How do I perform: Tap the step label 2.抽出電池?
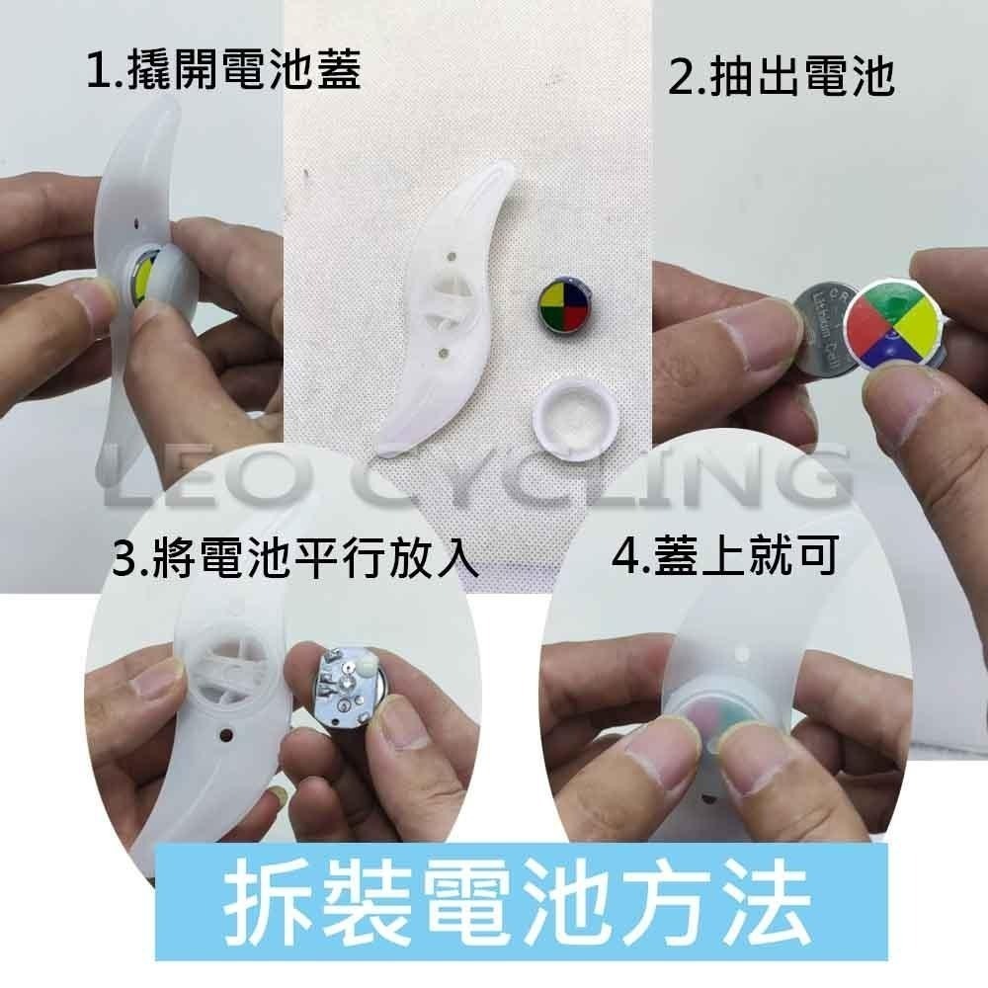[781, 77]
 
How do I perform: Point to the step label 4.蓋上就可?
[726, 556]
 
